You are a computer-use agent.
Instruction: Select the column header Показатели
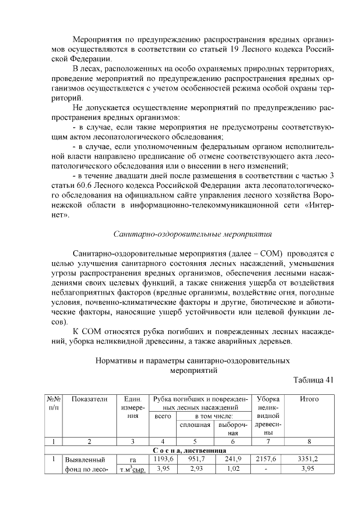[x=89, y=399]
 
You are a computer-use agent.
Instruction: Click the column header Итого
[x=309, y=399]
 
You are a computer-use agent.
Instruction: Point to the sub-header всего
[x=163, y=416]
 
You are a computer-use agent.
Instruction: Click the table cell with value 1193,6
[x=163, y=459]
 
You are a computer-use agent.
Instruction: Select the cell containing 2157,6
[x=268, y=459]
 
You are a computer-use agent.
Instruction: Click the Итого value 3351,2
[x=309, y=459]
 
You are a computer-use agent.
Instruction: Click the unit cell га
[x=132, y=460]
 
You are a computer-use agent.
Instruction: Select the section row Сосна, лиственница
[x=189, y=451]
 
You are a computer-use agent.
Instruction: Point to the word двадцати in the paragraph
[x=116, y=175]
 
